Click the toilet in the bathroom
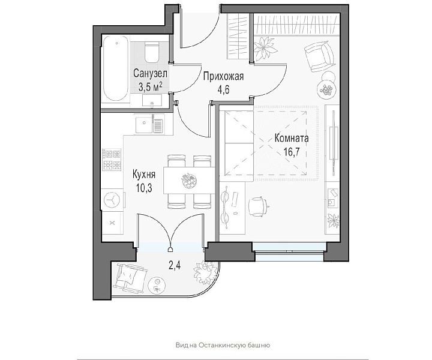[152, 52]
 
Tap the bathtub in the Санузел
[116, 68]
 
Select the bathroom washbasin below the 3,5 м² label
[152, 100]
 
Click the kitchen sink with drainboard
[149, 124]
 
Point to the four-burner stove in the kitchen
[112, 160]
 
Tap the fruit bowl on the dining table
[189, 181]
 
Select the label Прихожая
[223, 76]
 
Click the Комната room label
[292, 138]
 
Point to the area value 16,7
[292, 151]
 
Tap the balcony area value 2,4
[175, 266]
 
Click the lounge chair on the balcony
[130, 278]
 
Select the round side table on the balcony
[157, 286]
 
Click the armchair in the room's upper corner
[320, 56]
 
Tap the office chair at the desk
[258, 206]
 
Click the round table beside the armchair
[327, 88]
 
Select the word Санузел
[150, 74]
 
